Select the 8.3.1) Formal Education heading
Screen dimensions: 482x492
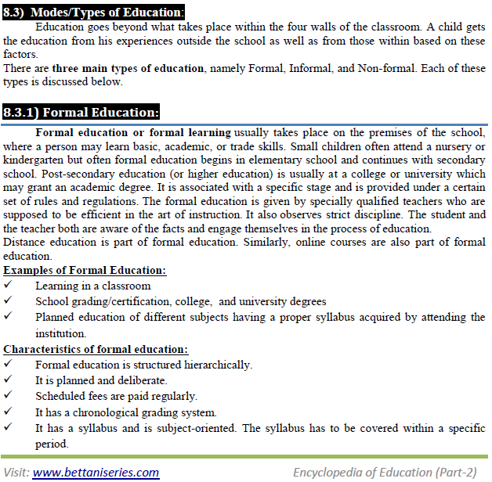click(81, 111)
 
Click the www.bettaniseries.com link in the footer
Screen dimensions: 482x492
click(96, 472)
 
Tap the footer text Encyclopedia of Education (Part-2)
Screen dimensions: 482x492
click(384, 472)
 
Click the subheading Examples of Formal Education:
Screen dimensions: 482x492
click(85, 270)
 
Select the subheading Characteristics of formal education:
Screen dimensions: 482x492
click(96, 349)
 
